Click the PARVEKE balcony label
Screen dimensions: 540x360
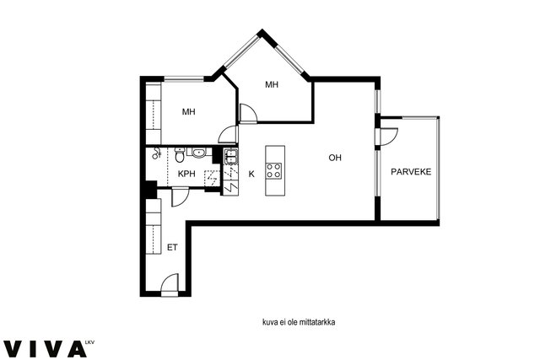coord(411,171)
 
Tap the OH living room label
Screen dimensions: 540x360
coord(335,158)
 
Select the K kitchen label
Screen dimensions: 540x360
coord(251,175)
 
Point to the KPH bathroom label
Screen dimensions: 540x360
coord(186,174)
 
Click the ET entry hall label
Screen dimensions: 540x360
coord(172,247)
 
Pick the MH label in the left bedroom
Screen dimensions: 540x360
coord(189,111)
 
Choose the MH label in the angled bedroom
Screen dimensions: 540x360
coord(272,84)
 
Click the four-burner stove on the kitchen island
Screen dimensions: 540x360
coord(273,170)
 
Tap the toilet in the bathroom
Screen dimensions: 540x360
coord(180,155)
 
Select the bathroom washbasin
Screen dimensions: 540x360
coord(198,153)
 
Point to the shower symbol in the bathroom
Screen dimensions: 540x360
coord(157,153)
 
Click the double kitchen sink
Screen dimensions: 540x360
coord(230,156)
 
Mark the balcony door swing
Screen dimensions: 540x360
coord(389,137)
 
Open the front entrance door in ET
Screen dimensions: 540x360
coord(170,283)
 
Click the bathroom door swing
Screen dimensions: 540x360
coord(180,197)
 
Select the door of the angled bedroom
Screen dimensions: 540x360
coord(248,112)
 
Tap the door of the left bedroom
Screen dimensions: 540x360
coord(229,134)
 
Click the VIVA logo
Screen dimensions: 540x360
coord(45,349)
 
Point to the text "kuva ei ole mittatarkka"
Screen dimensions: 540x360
coord(299,323)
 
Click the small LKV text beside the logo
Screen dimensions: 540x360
coord(89,342)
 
